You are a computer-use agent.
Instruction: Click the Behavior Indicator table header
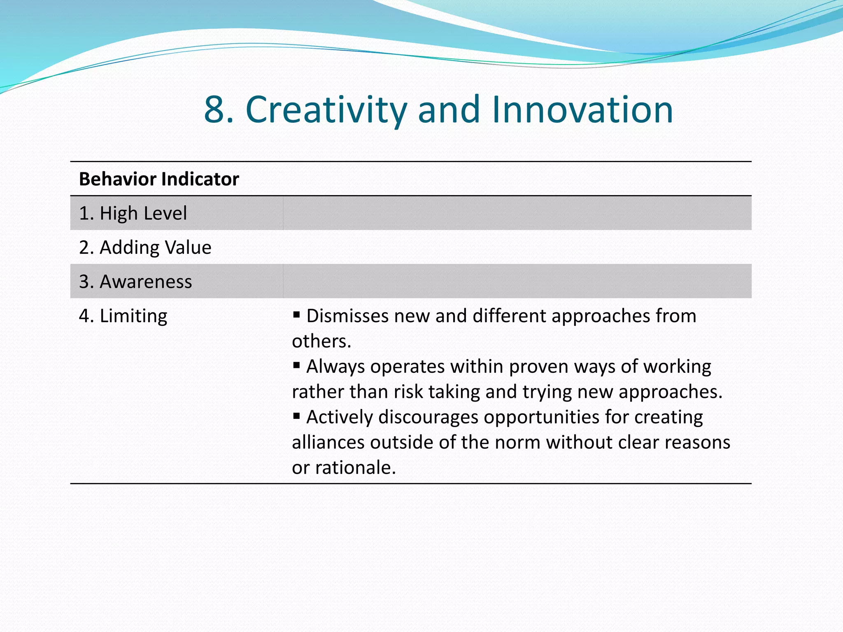click(x=159, y=179)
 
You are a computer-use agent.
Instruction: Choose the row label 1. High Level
click(x=133, y=213)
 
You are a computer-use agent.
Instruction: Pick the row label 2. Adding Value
click(x=145, y=247)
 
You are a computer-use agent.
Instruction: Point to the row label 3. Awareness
click(x=135, y=281)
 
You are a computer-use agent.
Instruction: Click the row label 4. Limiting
click(x=123, y=316)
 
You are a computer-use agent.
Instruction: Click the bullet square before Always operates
click(x=296, y=365)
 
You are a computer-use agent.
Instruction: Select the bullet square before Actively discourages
click(x=296, y=416)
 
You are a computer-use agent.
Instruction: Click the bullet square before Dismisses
click(x=296, y=315)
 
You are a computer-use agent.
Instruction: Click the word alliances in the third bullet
click(x=328, y=442)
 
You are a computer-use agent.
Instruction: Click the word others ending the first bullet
click(x=321, y=341)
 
